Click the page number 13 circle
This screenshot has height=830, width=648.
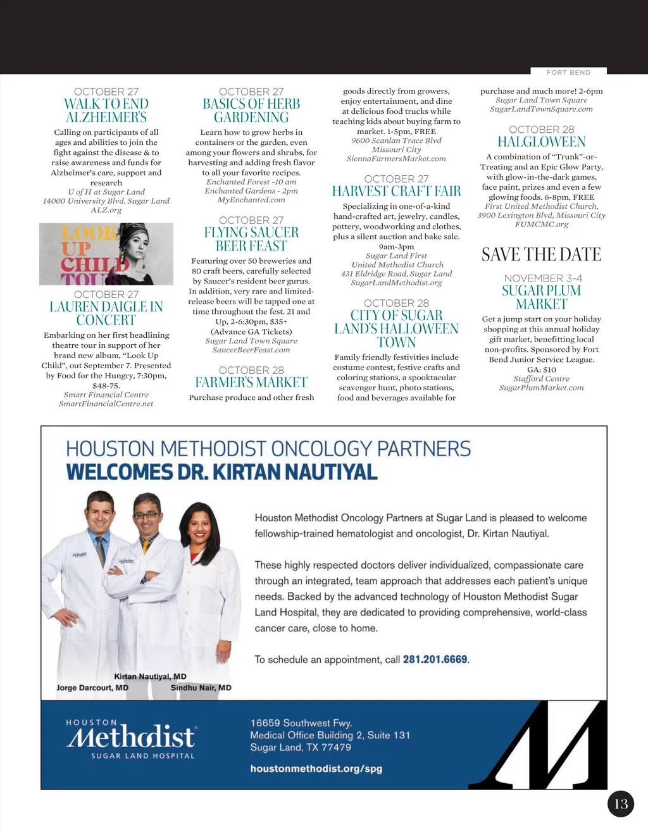pyautogui.click(x=621, y=803)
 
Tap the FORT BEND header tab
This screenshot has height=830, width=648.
pyautogui.click(x=568, y=72)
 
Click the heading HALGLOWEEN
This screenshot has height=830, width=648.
pyautogui.click(x=542, y=142)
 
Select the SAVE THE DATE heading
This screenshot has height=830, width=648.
pyautogui.click(x=542, y=254)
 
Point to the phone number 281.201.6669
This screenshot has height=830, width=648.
pyautogui.click(x=435, y=659)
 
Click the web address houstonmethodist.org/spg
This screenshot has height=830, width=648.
pyautogui.click(x=316, y=769)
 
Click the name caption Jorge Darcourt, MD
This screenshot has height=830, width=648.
pyautogui.click(x=92, y=688)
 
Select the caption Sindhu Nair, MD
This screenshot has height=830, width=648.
pyautogui.click(x=201, y=688)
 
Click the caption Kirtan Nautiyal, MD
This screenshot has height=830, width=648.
pyautogui.click(x=150, y=676)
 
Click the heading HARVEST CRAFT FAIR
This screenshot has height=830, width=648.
pyautogui.click(x=397, y=191)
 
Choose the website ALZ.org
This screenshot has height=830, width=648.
pyautogui.click(x=106, y=210)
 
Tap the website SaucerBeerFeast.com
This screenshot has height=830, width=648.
pyautogui.click(x=251, y=350)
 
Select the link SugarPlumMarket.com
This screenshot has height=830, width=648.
pyautogui.click(x=542, y=388)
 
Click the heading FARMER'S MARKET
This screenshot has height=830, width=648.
pyautogui.click(x=251, y=382)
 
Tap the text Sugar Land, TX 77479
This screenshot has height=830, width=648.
pyautogui.click(x=301, y=747)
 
